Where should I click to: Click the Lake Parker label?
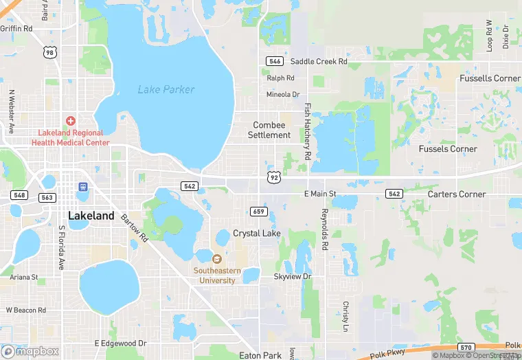(x=166, y=89)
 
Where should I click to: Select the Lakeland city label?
(x=91, y=216)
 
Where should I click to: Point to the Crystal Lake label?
(x=256, y=234)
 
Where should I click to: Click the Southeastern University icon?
(x=217, y=259)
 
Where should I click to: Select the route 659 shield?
(x=258, y=211)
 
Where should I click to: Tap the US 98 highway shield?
(x=48, y=52)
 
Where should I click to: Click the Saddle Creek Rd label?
(x=319, y=61)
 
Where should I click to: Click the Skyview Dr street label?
(x=293, y=276)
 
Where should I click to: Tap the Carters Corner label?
(x=457, y=194)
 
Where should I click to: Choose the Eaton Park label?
(x=260, y=355)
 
